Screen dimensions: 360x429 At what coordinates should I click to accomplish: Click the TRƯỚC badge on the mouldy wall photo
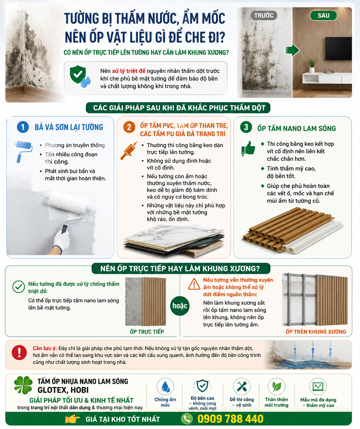(x=263, y=15)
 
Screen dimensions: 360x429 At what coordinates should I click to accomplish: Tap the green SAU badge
(x=323, y=15)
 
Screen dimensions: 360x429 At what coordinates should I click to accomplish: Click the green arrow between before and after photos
(x=292, y=50)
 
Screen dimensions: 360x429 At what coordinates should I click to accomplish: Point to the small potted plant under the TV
(x=312, y=65)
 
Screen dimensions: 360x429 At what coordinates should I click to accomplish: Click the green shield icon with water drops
(x=80, y=76)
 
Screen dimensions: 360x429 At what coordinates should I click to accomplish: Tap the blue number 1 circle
(x=23, y=127)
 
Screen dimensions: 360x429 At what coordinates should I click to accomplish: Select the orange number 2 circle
(x=129, y=127)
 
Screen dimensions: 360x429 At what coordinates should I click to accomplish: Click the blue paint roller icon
(x=23, y=151)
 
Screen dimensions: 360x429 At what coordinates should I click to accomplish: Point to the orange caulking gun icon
(x=129, y=151)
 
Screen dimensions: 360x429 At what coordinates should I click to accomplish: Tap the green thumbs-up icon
(x=248, y=148)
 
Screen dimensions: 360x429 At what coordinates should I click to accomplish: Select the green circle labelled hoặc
(x=180, y=306)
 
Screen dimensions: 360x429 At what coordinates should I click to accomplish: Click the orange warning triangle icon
(x=194, y=284)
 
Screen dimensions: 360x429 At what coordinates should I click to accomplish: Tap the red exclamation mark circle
(x=19, y=353)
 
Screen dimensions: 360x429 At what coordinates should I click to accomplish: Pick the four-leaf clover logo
(x=23, y=385)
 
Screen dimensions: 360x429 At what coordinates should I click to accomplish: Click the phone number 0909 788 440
(x=230, y=419)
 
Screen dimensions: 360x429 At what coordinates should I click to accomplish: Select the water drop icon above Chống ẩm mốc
(x=165, y=386)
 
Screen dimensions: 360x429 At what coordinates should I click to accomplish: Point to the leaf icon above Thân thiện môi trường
(x=277, y=386)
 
